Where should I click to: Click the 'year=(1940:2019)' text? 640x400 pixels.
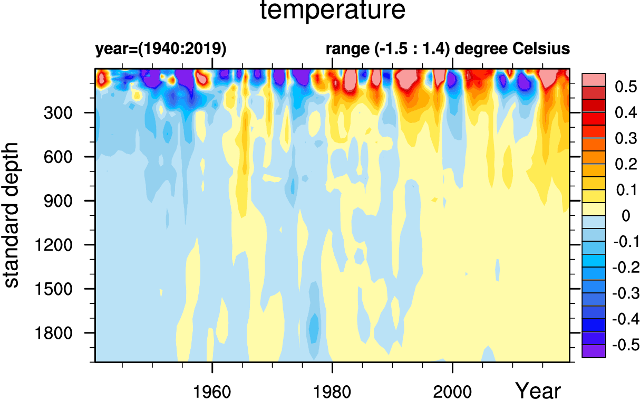click(x=161, y=49)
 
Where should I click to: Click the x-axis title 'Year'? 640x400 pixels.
click(x=538, y=391)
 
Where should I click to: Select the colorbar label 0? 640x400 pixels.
click(x=626, y=215)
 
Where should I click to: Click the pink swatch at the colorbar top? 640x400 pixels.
click(x=594, y=80)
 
